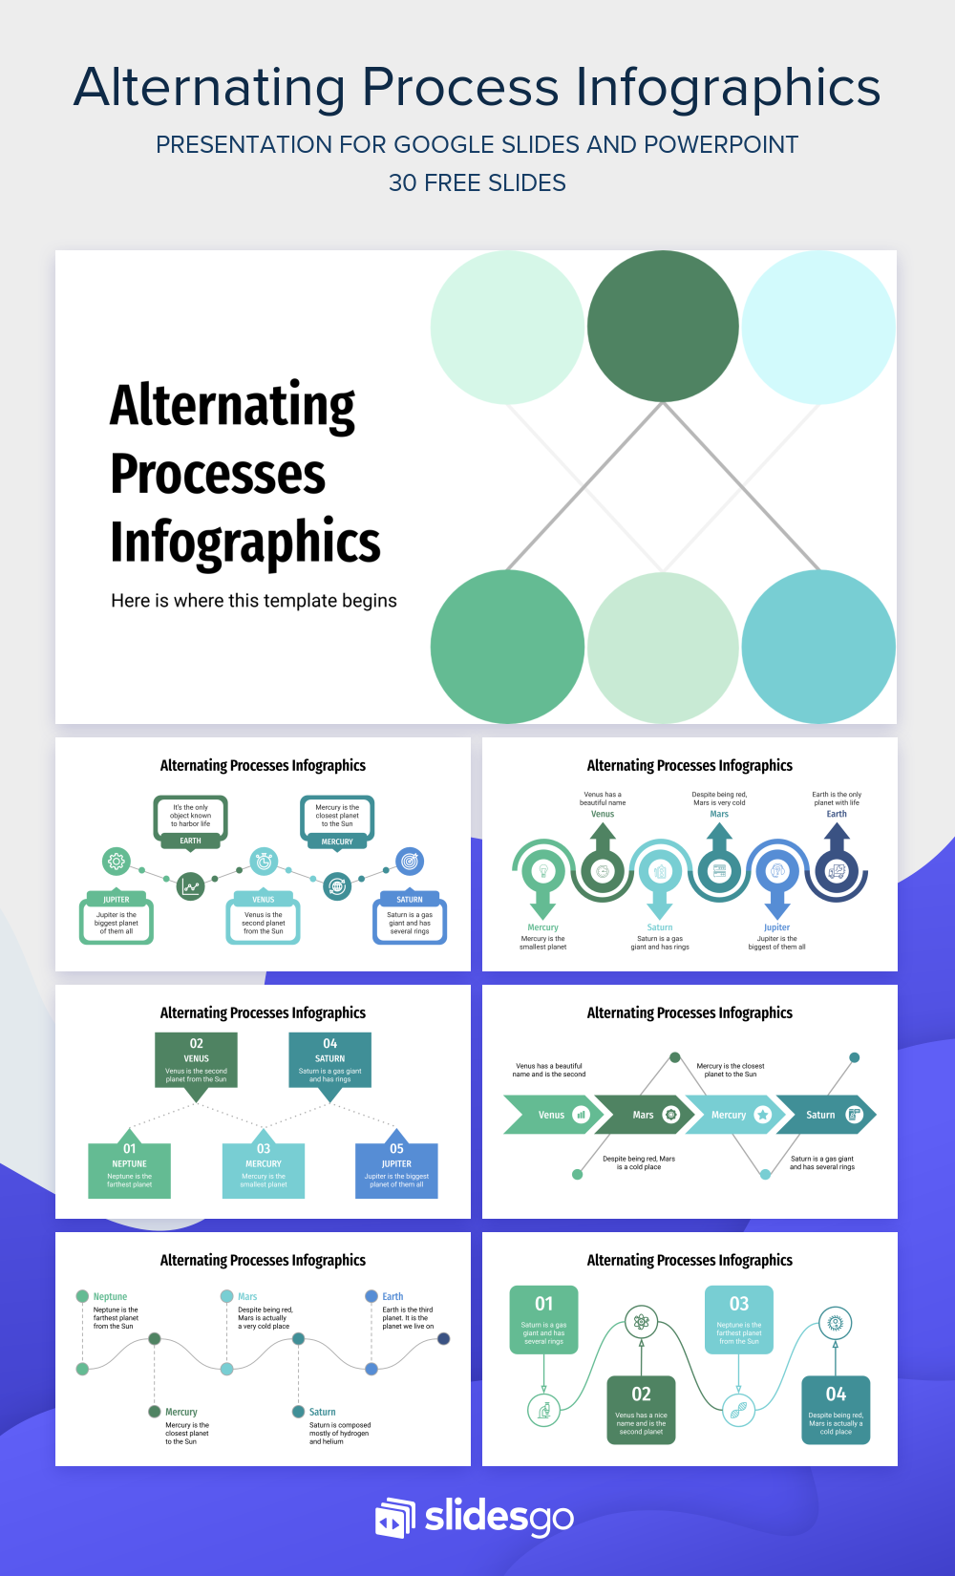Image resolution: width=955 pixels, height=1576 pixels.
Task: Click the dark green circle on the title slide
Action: [x=662, y=326]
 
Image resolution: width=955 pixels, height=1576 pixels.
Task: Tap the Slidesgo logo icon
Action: [x=395, y=1518]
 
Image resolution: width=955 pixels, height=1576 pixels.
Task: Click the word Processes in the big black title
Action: [x=218, y=475]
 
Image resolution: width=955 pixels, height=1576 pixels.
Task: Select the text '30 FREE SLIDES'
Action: [x=477, y=182]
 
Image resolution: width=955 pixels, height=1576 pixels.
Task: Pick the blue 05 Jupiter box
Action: [x=396, y=1170]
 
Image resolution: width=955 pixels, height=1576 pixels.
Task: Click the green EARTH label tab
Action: [x=190, y=841]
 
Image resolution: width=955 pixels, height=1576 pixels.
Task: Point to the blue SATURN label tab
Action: [x=409, y=899]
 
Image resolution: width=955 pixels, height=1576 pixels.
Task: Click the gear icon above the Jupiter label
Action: [x=116, y=862]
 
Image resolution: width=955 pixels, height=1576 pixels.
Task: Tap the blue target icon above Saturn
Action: [x=409, y=862]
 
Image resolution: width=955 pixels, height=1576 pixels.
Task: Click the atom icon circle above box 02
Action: [x=641, y=1322]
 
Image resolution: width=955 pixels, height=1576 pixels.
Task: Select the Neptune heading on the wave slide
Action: [x=110, y=1296]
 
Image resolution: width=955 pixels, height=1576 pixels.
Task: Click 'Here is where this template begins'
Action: [x=254, y=601]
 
